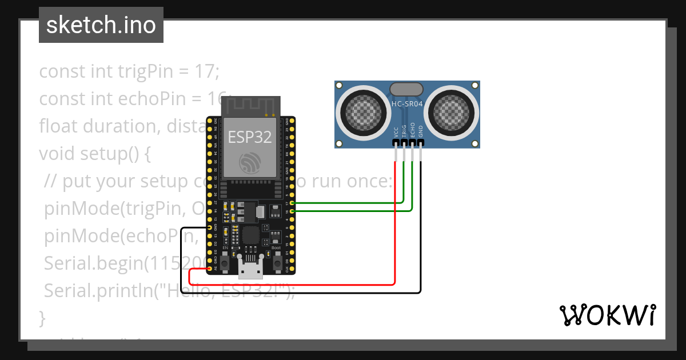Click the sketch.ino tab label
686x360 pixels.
click(101, 25)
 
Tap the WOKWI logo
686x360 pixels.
click(608, 315)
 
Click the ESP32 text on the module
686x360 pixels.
click(250, 137)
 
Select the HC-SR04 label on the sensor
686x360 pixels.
click(407, 104)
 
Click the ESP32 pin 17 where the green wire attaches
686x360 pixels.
click(293, 203)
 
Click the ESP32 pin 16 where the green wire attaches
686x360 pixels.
click(293, 211)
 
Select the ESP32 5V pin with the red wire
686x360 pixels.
click(210, 269)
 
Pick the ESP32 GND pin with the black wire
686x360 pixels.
click(210, 227)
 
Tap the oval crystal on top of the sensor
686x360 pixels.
click(406, 89)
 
